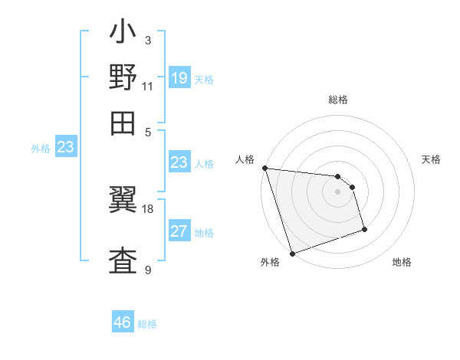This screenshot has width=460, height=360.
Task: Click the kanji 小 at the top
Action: [123, 34]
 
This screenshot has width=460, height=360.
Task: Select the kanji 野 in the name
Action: [123, 79]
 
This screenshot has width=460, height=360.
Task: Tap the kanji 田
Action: [123, 123]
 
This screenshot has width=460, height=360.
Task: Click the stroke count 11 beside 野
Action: [148, 86]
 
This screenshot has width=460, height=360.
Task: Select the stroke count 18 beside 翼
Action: [148, 208]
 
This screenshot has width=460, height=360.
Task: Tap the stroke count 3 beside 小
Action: [148, 41]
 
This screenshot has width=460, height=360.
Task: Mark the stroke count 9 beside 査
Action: [148, 270]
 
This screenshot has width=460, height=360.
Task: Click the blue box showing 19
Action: [179, 77]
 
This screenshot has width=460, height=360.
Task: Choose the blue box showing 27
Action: [179, 231]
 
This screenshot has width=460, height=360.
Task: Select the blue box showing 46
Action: [123, 322]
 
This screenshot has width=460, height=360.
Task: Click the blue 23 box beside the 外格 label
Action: [65, 147]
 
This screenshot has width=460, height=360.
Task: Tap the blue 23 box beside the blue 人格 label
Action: [179, 162]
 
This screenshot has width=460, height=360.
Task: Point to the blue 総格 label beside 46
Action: [147, 324]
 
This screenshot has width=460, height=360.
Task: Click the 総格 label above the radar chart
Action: [338, 100]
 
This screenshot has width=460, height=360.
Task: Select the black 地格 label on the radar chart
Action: [402, 262]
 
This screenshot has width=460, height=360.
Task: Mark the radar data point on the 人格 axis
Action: [264, 168]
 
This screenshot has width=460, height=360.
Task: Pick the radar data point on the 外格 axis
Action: [292, 254]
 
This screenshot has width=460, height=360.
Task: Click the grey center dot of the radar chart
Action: [337, 191]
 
